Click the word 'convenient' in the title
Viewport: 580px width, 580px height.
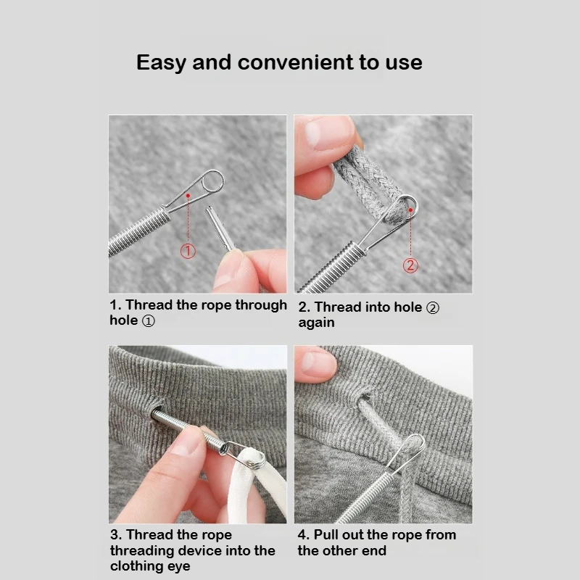(294, 62)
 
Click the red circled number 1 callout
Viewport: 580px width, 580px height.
(188, 251)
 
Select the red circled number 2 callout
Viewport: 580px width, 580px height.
(410, 265)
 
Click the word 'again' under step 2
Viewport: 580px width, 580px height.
(316, 323)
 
